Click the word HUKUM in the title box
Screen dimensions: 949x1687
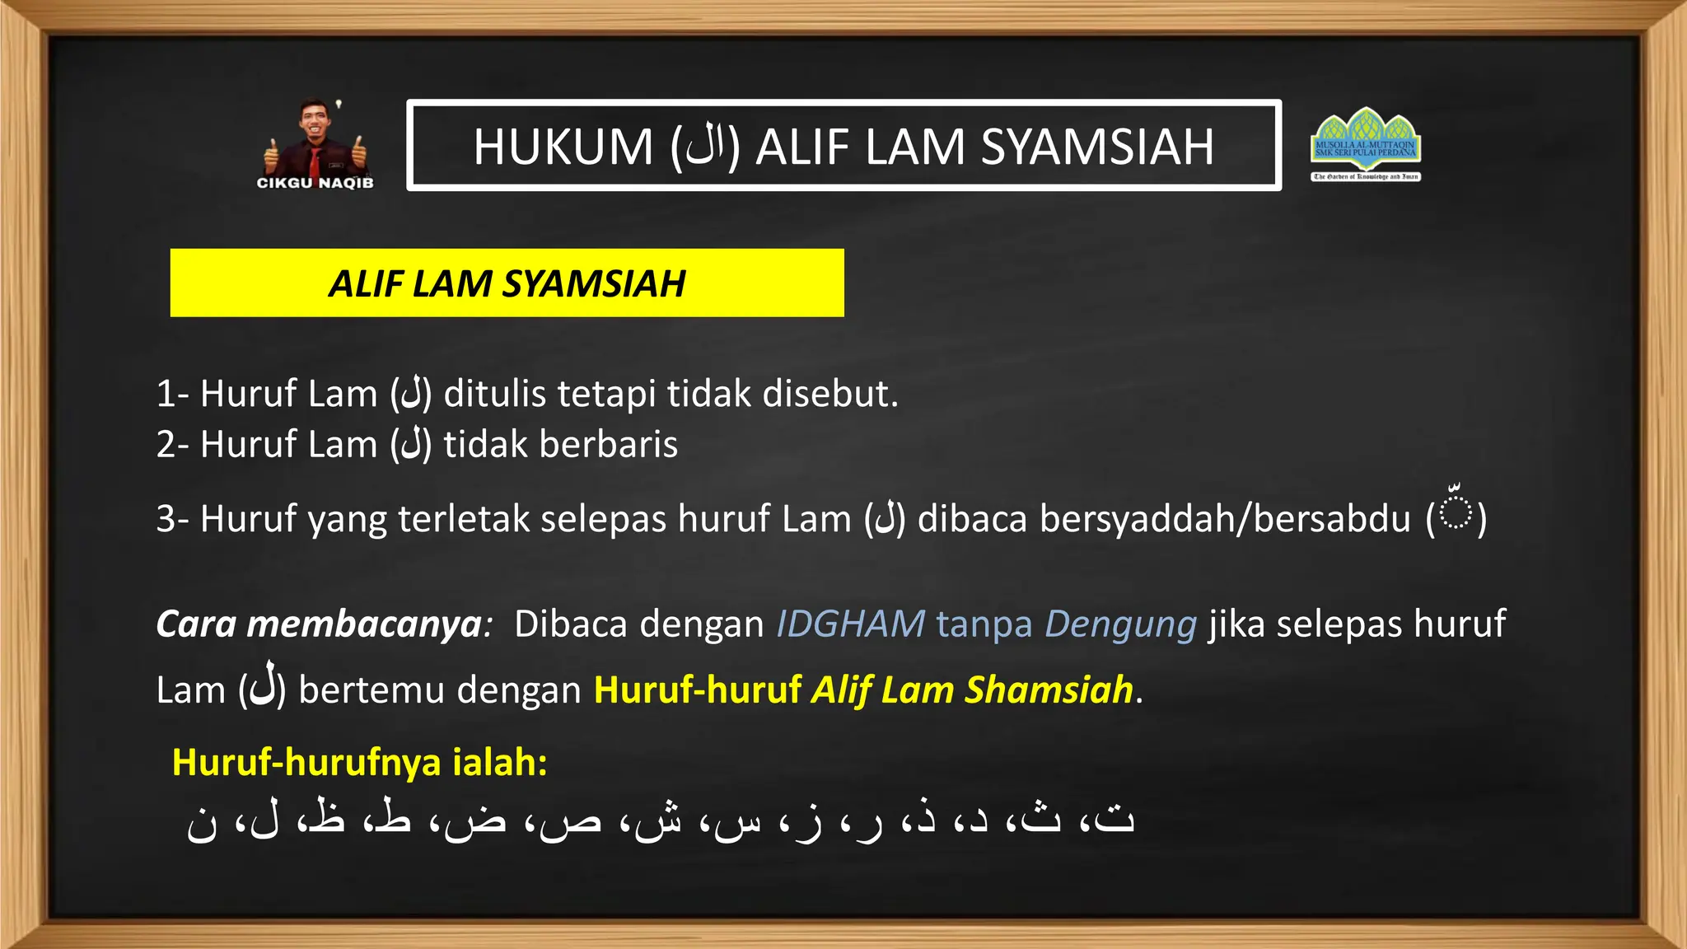(563, 147)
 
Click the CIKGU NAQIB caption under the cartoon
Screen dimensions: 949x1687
(315, 183)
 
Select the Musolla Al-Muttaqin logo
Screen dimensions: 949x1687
(1366, 144)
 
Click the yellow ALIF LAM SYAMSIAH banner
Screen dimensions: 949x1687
(507, 283)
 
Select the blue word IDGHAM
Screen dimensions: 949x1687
(851, 624)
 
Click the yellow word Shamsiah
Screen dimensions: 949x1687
(1049, 690)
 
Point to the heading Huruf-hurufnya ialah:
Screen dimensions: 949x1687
(360, 762)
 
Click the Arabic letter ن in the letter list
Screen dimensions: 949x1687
(203, 822)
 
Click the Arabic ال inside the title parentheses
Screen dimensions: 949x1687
(705, 148)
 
